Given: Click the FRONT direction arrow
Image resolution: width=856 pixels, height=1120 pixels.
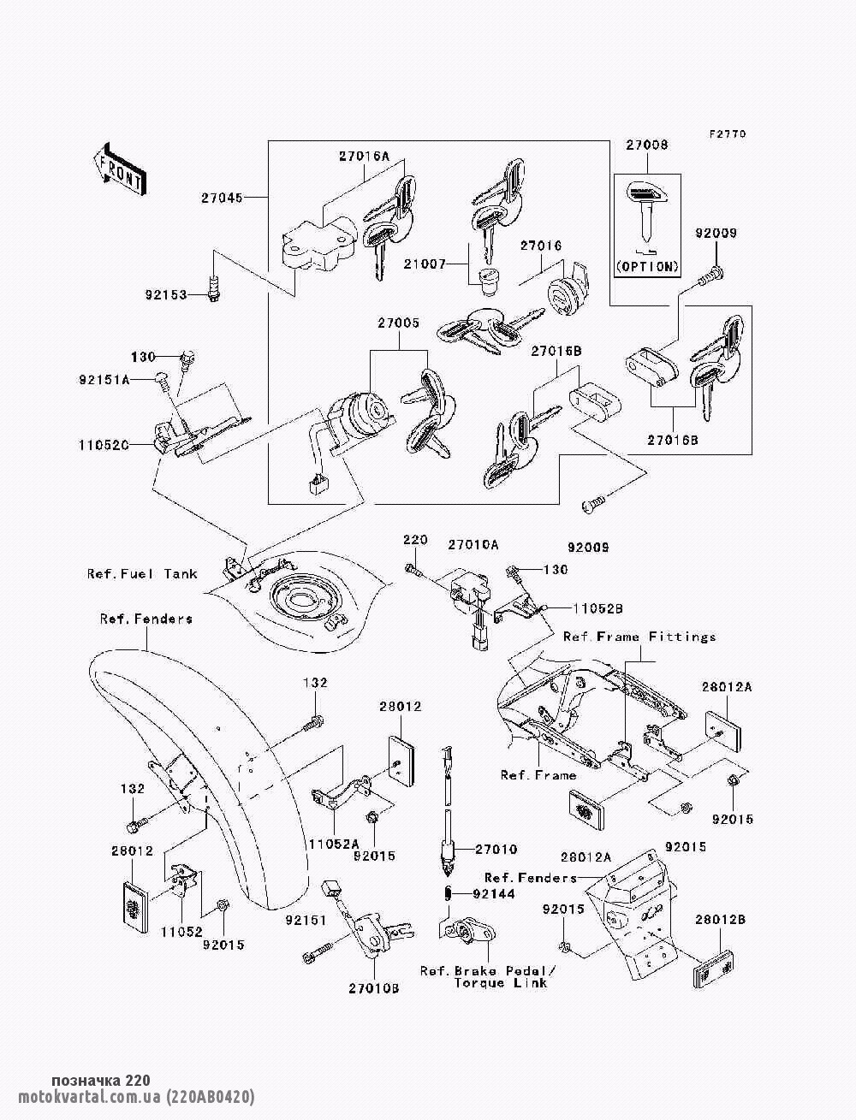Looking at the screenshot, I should pos(118,168).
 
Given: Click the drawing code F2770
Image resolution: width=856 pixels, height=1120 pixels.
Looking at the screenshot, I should pos(727,134).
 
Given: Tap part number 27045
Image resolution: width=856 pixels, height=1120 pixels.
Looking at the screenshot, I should pos(222,198).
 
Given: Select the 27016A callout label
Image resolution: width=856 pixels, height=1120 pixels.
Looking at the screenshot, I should pos(364,157).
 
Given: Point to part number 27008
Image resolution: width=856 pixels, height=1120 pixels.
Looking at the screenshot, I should pos(646,145).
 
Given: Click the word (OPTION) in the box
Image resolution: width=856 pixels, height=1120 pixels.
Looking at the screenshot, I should pos(647,266).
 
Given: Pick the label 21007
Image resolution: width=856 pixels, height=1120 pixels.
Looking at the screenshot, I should pos(425,264).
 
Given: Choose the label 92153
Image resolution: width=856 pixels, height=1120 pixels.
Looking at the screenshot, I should pos(166,295).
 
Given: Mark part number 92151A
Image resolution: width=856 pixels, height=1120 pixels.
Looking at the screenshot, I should pos(105,380).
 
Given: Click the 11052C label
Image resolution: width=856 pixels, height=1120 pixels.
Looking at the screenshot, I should pos(104,445).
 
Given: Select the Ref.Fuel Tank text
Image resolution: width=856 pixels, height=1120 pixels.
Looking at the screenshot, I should pos(142,574).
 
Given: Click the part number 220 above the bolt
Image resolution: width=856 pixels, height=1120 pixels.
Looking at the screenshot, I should pos(415,540).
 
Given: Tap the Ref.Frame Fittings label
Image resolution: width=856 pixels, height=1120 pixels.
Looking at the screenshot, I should pos(639,637).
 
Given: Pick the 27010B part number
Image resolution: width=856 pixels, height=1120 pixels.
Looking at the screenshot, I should pos(374,987).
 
